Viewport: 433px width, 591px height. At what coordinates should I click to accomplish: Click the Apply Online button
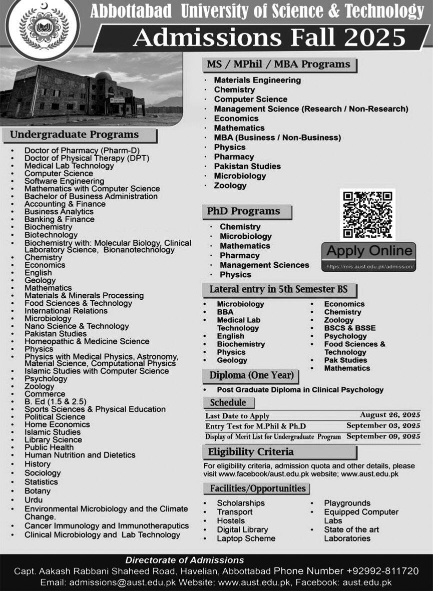pyautogui.click(x=369, y=251)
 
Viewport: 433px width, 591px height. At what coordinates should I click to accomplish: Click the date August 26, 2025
pyautogui.click(x=390, y=415)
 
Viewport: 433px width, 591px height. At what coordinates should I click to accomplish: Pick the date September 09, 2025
pyautogui.click(x=383, y=436)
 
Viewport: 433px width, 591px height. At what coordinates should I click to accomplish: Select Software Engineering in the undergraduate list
pyautogui.click(x=64, y=181)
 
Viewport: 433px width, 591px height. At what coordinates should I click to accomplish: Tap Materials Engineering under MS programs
pyautogui.click(x=257, y=80)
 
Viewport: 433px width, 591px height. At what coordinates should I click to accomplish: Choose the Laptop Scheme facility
pyautogui.click(x=246, y=538)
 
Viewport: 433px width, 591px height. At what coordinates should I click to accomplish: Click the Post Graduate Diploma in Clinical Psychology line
pyautogui.click(x=300, y=389)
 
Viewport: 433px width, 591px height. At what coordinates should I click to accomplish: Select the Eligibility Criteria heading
pyautogui.click(x=251, y=452)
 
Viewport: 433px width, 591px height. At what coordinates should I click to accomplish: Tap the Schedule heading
pyautogui.click(x=228, y=402)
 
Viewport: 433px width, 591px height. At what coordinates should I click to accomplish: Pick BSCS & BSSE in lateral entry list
pyautogui.click(x=349, y=328)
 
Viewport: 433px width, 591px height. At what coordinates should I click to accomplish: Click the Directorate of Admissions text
pyautogui.click(x=184, y=560)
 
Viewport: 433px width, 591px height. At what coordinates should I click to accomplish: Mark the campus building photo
pyautogui.click(x=90, y=90)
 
